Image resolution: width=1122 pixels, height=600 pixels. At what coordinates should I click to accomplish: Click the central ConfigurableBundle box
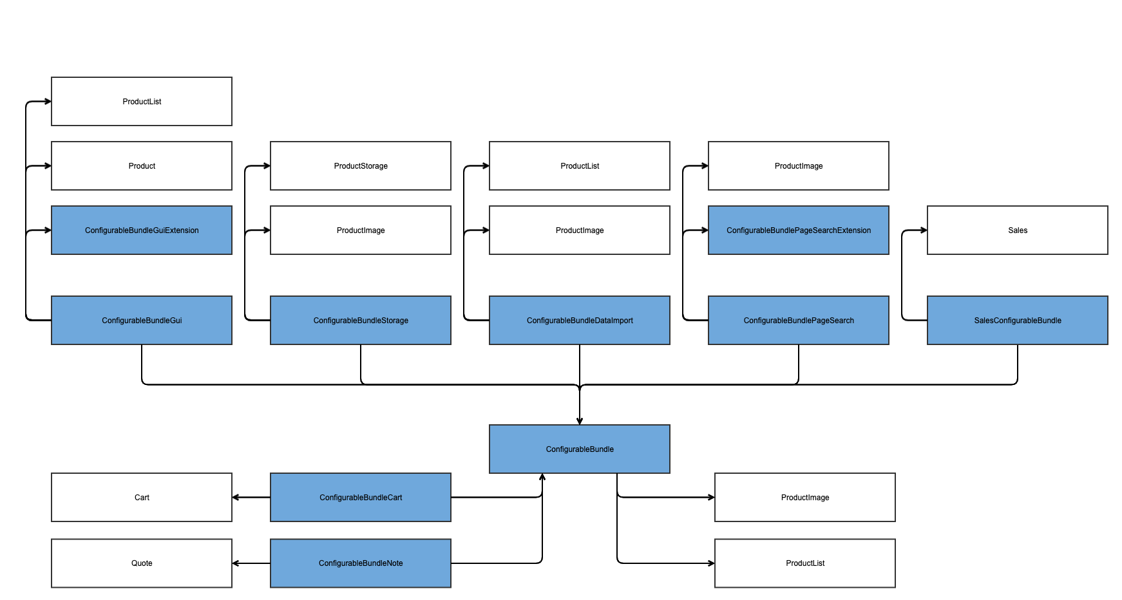pos(580,449)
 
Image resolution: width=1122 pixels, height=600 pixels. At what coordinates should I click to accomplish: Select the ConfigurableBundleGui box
pos(142,320)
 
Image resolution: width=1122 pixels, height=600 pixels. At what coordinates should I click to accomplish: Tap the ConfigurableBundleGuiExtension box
pos(142,230)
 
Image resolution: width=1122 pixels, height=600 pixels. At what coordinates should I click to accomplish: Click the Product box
pos(142,165)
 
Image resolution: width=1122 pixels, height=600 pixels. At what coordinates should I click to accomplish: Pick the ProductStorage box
pos(361,165)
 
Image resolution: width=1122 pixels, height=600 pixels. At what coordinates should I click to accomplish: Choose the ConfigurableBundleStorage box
pos(361,320)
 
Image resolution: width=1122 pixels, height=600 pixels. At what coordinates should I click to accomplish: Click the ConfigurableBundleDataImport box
pos(580,320)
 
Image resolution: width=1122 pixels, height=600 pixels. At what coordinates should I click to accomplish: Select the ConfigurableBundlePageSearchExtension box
pos(799,230)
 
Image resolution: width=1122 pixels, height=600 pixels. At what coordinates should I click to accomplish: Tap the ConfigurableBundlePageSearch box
pos(799,320)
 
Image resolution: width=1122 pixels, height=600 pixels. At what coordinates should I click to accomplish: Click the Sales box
pos(1018,230)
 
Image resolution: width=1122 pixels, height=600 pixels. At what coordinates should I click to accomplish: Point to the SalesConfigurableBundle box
pos(1018,320)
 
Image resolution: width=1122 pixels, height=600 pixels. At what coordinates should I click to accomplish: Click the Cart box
pos(142,497)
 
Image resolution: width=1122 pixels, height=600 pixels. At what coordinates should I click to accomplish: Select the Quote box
pos(142,563)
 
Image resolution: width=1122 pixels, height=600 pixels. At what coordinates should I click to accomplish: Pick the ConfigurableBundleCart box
pos(361,497)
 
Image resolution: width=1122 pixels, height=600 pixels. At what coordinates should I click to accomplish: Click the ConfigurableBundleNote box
pos(361,563)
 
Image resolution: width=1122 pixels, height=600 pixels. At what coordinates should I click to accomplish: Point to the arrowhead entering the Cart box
pos(236,497)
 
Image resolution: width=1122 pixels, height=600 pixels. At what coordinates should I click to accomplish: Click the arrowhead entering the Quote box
pos(236,563)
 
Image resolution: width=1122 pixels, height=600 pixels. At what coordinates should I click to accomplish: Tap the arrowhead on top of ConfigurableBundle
pos(580,421)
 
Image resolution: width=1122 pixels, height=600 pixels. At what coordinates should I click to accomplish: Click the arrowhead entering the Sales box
pos(924,230)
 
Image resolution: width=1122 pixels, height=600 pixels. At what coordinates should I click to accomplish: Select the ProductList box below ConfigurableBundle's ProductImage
pos(805,563)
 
